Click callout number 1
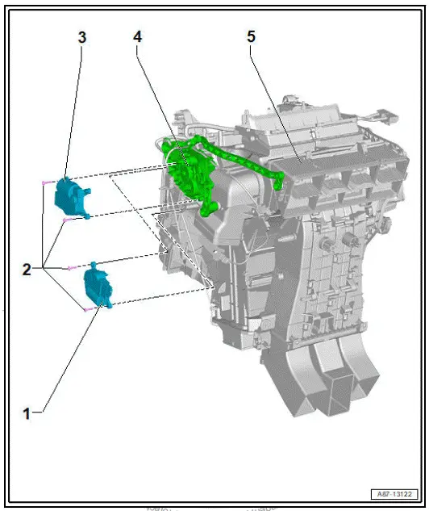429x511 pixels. click(27, 413)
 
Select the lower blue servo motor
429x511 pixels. click(98, 287)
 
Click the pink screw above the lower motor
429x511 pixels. click(73, 266)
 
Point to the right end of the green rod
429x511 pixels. click(278, 182)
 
